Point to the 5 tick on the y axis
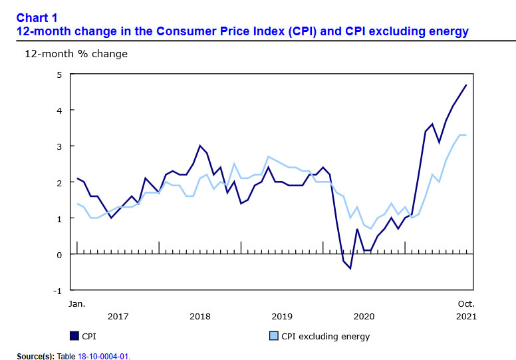coord(59,74)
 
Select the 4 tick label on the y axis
coord(59,110)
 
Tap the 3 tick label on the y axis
coord(59,146)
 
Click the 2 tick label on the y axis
coord(59,182)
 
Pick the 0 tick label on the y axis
coord(59,254)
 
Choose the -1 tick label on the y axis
coord(57,291)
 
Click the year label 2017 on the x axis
coord(118,315)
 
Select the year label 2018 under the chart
coord(200,315)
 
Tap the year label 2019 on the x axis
coord(282,315)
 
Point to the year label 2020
coord(364,315)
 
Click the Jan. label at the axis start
coord(77,303)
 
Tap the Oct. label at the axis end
coord(466,303)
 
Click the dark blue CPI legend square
coord(74,336)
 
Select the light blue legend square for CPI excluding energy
coord(273,336)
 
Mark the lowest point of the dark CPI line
coord(350,268)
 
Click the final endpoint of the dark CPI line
coord(466,85)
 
